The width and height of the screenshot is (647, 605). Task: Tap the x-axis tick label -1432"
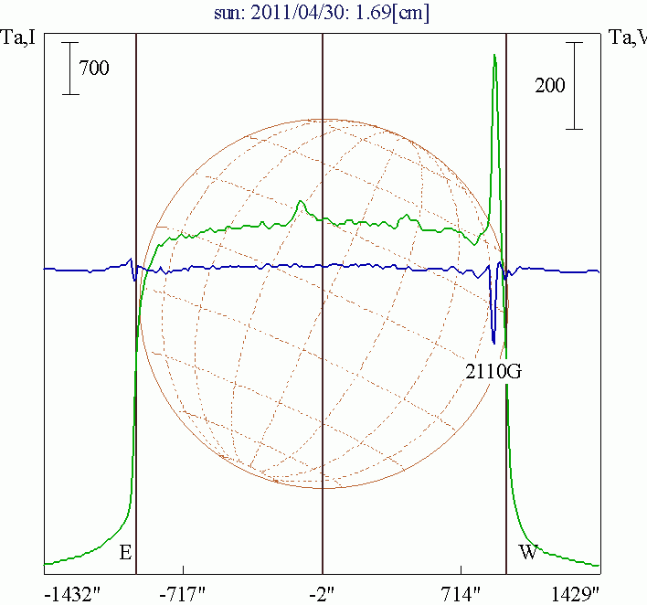[x=74, y=594]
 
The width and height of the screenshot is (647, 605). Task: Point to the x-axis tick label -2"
[x=322, y=594]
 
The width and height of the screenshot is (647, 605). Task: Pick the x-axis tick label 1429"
[x=575, y=594]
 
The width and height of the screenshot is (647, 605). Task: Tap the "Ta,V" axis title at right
[x=628, y=38]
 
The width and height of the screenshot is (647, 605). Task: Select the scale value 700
[x=94, y=69]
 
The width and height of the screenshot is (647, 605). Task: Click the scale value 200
[x=550, y=86]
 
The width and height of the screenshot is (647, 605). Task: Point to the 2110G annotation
[x=493, y=371]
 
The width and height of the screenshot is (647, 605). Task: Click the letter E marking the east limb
[x=125, y=552]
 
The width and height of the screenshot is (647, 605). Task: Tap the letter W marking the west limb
[x=528, y=552]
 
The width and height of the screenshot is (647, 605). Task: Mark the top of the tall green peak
[x=494, y=57]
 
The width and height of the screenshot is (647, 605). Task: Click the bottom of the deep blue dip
[x=493, y=343]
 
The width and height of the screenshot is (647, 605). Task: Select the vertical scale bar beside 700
[x=70, y=69]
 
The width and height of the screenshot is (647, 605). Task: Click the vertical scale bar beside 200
[x=574, y=86]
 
